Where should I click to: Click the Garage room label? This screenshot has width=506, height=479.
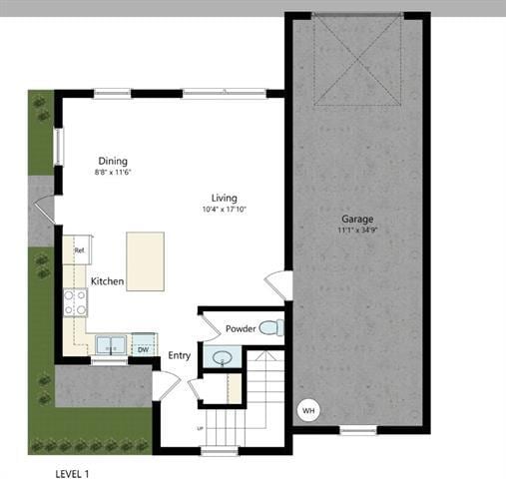pos(356,219)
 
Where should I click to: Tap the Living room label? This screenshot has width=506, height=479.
pos(224,197)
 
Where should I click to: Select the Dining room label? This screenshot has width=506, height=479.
pos(113,161)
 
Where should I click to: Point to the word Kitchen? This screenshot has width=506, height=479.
pos(107,281)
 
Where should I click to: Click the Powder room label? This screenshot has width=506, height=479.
pos(241,328)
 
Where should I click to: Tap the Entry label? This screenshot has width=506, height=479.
pos(179,355)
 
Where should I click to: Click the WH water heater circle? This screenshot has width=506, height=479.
pos(308,410)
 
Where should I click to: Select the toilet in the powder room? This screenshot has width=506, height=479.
pos(269,327)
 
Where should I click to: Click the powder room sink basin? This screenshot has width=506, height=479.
pos(222,356)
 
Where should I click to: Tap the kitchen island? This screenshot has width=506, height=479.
pos(145,261)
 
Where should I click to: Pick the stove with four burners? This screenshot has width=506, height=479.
pos(75,302)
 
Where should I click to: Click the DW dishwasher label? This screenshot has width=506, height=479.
pos(143,349)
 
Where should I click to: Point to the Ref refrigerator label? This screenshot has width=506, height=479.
pos(78,251)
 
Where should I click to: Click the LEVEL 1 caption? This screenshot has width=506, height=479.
pos(78,465)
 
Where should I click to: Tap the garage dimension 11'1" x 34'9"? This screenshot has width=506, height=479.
pos(356,231)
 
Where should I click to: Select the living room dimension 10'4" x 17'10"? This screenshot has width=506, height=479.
pos(224,210)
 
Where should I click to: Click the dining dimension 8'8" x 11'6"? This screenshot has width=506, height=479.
pos(113,173)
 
